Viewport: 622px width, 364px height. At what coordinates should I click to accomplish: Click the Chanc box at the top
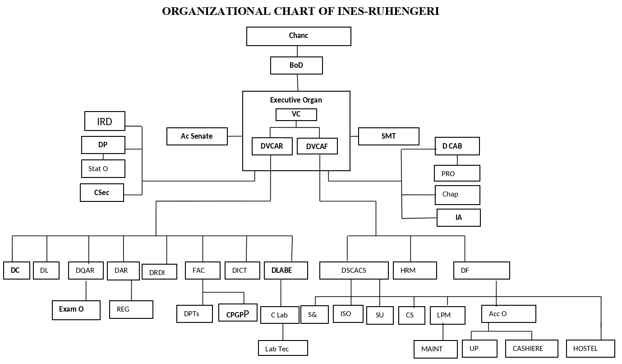tap(299, 36)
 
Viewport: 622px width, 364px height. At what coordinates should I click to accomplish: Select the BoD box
tap(296, 65)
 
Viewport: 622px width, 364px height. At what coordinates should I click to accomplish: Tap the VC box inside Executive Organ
tap(296, 115)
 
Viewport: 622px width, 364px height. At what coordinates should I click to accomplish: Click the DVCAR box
tap(272, 146)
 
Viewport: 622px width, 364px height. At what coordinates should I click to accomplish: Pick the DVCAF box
tap(317, 146)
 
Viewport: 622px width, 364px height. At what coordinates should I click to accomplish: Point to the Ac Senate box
tap(197, 136)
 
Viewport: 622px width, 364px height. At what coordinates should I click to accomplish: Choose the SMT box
tap(388, 136)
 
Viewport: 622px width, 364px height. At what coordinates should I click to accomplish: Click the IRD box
tap(105, 121)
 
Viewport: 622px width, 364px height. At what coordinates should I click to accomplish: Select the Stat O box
tap(103, 168)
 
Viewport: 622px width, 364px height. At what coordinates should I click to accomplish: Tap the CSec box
tap(102, 192)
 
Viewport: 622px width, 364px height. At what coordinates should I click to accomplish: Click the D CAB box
tap(457, 146)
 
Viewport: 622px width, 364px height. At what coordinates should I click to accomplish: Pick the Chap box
tap(457, 195)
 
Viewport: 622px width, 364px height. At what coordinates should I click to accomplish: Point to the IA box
tap(458, 218)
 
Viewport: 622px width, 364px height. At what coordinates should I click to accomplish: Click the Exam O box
tap(76, 310)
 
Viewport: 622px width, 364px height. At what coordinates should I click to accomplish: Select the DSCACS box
tap(354, 270)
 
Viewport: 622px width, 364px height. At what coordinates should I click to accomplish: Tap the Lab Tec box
tap(283, 348)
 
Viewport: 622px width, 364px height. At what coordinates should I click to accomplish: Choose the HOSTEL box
tap(590, 349)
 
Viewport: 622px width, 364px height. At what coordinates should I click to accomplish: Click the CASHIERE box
tap(531, 349)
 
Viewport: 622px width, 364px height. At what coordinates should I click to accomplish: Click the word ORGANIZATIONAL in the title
tap(216, 11)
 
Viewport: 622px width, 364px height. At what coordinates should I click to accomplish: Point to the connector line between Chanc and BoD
tap(297, 51)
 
